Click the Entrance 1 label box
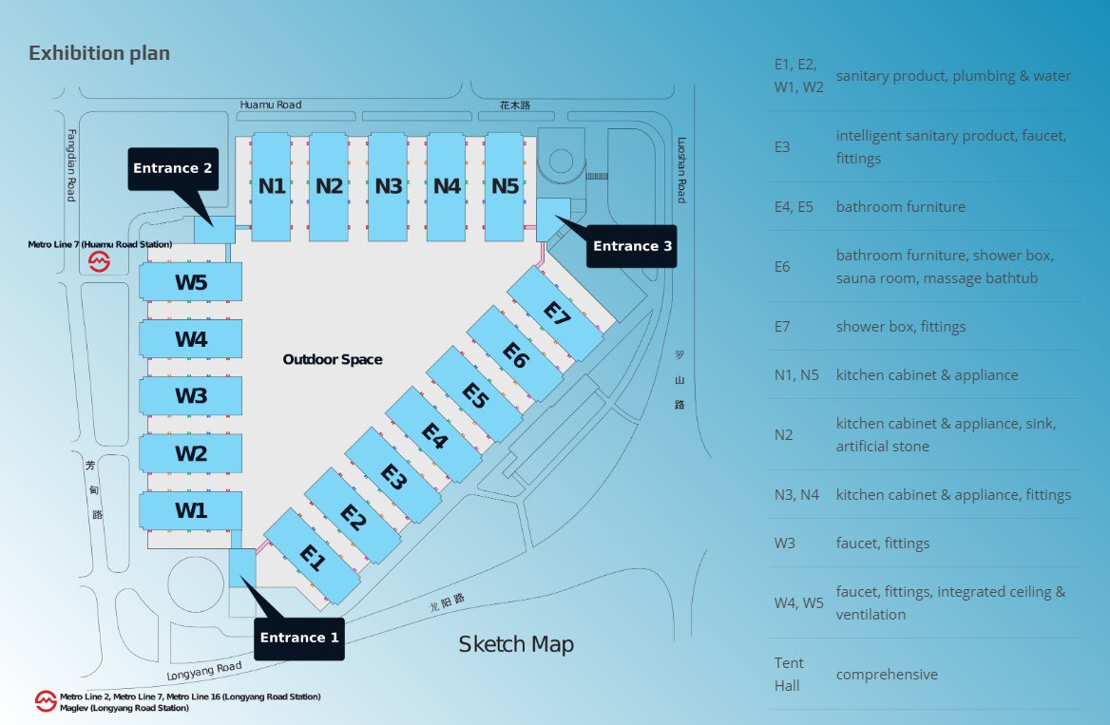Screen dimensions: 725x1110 click(x=298, y=638)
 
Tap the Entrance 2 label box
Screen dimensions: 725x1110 click(x=173, y=168)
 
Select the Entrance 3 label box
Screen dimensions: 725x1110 click(x=632, y=246)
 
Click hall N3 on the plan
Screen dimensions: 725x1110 click(x=388, y=186)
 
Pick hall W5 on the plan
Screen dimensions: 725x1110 click(x=190, y=282)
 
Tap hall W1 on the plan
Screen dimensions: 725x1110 click(x=190, y=510)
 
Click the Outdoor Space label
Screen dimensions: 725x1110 click(x=333, y=359)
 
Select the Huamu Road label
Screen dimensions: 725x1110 click(x=271, y=105)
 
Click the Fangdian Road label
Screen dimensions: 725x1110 click(x=71, y=165)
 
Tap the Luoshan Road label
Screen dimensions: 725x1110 click(x=681, y=169)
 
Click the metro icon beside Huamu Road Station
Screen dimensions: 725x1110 click(x=100, y=262)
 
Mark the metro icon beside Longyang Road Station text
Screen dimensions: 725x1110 click(x=46, y=701)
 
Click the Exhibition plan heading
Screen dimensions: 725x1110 click(x=100, y=53)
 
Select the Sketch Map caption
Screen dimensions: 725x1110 click(x=516, y=644)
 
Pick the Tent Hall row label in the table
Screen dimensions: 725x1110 click(x=789, y=674)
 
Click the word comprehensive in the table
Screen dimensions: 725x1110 click(x=887, y=675)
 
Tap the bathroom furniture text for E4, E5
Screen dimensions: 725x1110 click(x=900, y=207)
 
